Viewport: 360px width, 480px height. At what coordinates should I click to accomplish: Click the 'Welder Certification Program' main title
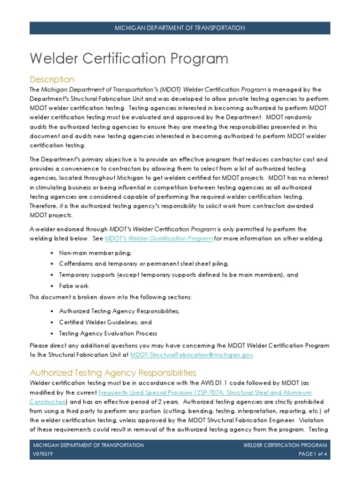[x=129, y=59]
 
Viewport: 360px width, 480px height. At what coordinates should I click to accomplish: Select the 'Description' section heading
[x=52, y=79]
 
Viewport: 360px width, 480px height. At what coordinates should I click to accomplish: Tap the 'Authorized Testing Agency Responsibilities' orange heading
[x=113, y=373]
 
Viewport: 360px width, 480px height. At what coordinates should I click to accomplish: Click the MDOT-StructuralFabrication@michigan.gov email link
[x=192, y=355]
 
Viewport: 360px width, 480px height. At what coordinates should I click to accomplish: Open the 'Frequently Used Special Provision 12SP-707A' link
[x=205, y=392]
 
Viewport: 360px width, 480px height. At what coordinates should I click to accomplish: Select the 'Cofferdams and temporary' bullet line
[x=144, y=263]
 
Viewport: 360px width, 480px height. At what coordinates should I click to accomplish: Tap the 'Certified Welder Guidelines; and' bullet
[x=105, y=322]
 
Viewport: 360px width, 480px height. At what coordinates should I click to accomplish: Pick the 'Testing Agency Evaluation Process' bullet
[x=108, y=333]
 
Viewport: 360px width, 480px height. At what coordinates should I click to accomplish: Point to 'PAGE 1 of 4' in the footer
[x=313, y=454]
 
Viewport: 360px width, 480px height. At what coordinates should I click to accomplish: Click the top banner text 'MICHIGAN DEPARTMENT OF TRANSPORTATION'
[x=180, y=28]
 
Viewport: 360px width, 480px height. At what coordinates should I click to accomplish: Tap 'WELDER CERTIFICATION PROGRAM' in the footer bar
[x=285, y=445]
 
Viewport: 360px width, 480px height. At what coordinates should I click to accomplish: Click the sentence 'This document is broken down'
[x=111, y=297]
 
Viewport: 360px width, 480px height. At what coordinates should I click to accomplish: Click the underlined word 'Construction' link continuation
[x=47, y=402]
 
